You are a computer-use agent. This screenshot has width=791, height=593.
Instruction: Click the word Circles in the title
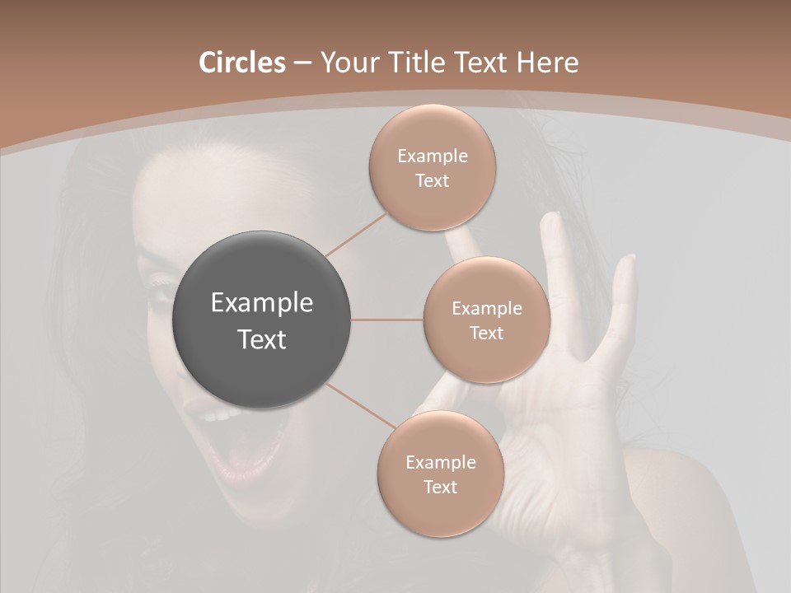(241, 63)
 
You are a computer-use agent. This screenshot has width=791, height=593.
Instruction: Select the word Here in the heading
(547, 63)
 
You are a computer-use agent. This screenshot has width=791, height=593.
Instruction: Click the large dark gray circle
(262, 320)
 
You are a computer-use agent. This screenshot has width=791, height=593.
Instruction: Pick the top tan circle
(432, 168)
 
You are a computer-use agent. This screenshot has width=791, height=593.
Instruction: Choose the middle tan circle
(486, 320)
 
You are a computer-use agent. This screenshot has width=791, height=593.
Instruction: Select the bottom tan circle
(440, 474)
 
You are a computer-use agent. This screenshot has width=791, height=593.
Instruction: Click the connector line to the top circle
(357, 234)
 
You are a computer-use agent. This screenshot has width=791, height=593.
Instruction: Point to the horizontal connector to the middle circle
(387, 320)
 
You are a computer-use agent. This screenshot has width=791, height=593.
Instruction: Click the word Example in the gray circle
(262, 303)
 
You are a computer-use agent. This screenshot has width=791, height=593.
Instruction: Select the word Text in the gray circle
(262, 339)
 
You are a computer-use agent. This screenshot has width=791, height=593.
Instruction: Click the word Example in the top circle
(433, 156)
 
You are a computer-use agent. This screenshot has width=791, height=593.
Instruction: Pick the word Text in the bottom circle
(440, 487)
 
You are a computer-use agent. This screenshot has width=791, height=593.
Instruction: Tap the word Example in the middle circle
(487, 309)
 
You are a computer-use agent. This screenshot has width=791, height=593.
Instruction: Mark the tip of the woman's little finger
(630, 260)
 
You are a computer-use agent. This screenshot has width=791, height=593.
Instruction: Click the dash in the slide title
(302, 63)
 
